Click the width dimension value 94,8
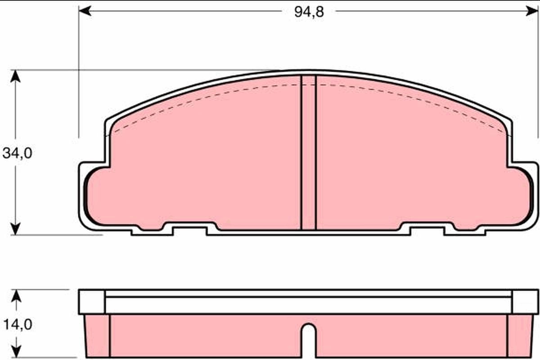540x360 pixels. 309,12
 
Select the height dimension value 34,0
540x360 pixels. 17,153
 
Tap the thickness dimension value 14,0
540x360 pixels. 17,324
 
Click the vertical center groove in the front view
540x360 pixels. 308,153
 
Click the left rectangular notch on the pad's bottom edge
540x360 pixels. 189,230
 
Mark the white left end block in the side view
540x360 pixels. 92,302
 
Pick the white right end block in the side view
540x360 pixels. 525,302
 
